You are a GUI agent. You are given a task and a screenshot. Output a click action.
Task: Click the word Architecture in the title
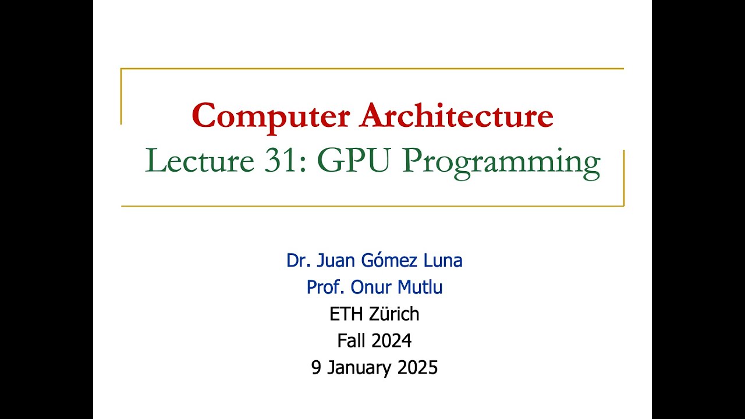click(456, 116)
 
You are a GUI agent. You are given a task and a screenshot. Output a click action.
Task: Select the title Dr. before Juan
click(297, 261)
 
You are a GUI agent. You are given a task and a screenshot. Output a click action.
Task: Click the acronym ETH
click(346, 314)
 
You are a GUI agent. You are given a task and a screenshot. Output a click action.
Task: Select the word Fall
click(350, 340)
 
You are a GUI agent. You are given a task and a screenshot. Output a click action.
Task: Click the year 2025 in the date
click(417, 368)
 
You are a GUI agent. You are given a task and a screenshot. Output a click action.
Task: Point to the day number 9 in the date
click(316, 368)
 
